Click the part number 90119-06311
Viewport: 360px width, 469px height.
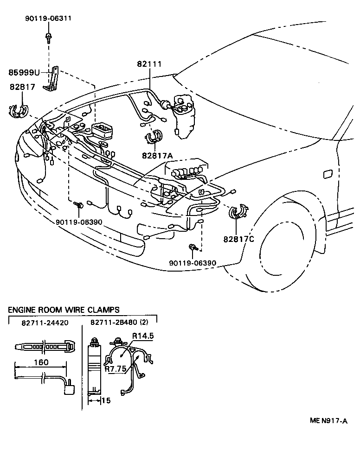[48, 19]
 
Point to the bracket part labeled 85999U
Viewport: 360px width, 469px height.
[52, 79]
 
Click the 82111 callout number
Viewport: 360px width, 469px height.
[149, 64]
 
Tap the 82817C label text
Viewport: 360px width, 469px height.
[238, 239]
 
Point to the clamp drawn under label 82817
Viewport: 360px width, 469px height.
[19, 111]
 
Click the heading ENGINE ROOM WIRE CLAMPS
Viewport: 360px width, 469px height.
[64, 310]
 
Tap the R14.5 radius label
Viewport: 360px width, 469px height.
[143, 336]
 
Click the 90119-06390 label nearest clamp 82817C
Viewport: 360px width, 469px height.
[193, 263]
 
